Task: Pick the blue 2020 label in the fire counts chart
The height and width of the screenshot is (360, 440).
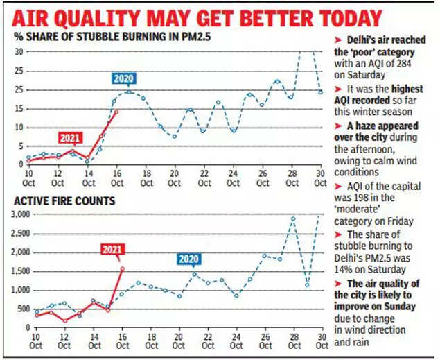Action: coord(187,259)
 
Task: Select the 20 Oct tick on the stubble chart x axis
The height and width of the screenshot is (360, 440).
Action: coord(175,178)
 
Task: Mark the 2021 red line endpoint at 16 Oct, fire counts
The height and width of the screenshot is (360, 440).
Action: coord(122,268)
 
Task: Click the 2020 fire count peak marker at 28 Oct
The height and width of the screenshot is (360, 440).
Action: coord(293,218)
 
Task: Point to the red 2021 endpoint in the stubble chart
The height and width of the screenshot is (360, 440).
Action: coord(116,112)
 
